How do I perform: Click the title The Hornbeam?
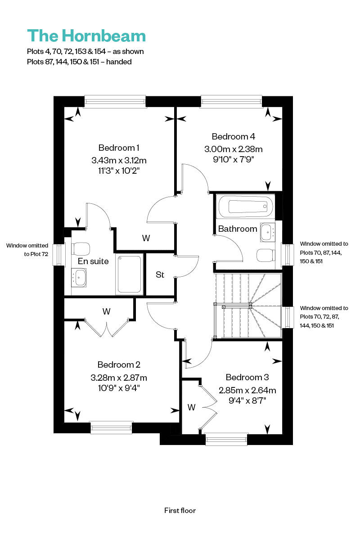click(x=86, y=36)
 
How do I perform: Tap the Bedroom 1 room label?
click(x=119, y=148)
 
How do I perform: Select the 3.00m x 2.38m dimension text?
click(x=234, y=149)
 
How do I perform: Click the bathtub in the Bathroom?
click(x=246, y=207)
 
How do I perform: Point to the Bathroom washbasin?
click(x=267, y=232)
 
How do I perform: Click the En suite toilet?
click(x=81, y=248)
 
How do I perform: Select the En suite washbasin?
click(x=79, y=278)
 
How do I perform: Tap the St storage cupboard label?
click(x=160, y=274)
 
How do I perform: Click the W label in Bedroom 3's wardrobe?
click(x=191, y=407)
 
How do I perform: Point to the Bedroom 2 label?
click(x=119, y=365)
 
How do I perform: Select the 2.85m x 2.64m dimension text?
click(x=247, y=390)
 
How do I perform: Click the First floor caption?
click(x=180, y=510)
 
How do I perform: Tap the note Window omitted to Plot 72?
click(x=27, y=250)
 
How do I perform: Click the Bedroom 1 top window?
click(x=115, y=101)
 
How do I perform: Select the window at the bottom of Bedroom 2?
click(x=111, y=428)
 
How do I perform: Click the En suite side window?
click(x=59, y=255)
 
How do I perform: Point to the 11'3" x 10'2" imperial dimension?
click(x=119, y=171)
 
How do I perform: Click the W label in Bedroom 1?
click(x=146, y=238)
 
